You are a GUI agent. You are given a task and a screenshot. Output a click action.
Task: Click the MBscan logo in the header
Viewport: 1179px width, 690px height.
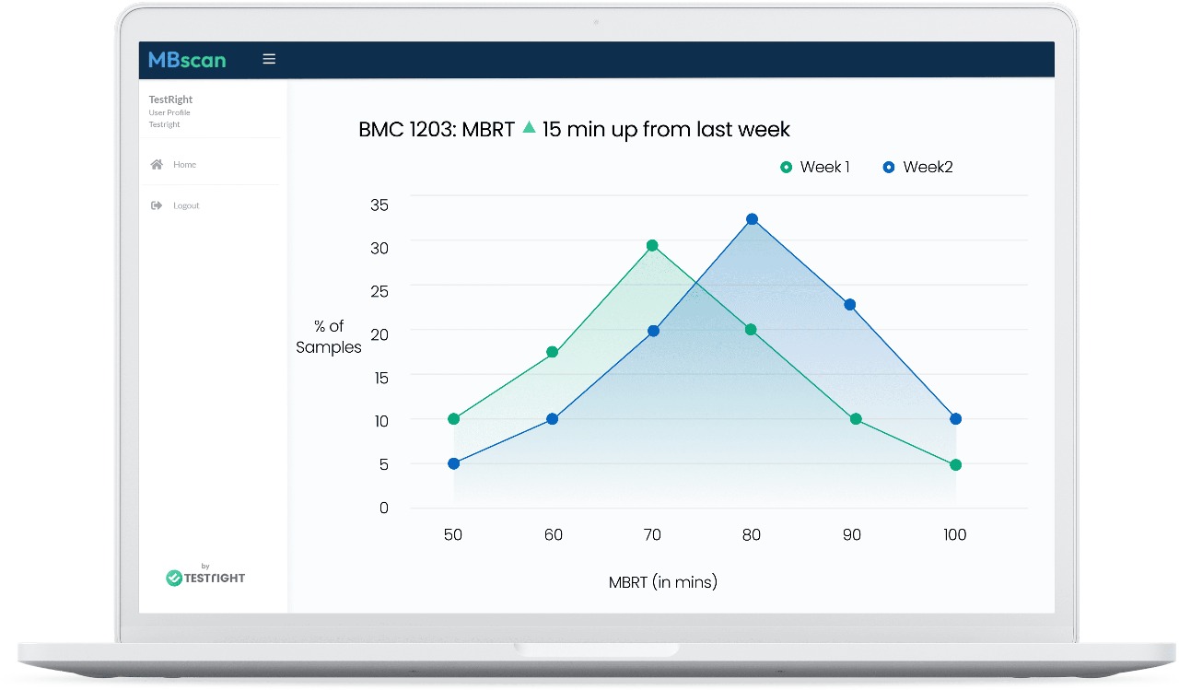click(x=187, y=60)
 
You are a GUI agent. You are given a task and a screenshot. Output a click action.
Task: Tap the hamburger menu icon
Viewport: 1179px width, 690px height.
click(x=269, y=59)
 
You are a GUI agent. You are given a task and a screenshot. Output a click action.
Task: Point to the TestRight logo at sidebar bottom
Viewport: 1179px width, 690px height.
click(x=205, y=577)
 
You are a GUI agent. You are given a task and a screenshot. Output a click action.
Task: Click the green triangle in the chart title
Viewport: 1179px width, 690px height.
click(x=529, y=128)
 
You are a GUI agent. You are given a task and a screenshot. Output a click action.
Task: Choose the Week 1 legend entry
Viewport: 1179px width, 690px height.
click(x=815, y=167)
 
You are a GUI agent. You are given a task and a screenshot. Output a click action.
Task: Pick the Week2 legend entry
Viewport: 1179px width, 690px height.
click(x=917, y=167)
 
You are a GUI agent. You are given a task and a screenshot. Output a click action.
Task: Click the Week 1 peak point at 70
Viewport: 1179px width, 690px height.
click(x=652, y=246)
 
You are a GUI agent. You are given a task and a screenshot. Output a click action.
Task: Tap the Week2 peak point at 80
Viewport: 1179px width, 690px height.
click(x=752, y=219)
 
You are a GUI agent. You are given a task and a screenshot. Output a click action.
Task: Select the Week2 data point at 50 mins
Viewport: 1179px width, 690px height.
click(x=453, y=463)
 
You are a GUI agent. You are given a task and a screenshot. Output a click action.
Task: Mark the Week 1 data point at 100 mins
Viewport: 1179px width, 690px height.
click(x=955, y=465)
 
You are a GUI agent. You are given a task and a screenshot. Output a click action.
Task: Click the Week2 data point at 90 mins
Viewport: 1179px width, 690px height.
click(x=850, y=305)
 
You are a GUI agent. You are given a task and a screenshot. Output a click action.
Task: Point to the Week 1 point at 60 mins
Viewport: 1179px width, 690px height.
click(x=553, y=352)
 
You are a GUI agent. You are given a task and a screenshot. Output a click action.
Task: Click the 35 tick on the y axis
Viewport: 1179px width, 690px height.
click(x=379, y=205)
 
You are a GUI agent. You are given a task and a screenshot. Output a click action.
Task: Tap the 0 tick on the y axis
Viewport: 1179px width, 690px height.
click(x=384, y=508)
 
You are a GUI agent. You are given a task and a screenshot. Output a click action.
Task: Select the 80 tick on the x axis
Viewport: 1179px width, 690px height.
click(x=752, y=534)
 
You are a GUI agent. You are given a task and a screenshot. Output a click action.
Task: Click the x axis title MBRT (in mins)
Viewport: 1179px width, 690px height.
click(x=662, y=582)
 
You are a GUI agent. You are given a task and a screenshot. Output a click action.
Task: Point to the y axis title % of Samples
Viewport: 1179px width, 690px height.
click(x=329, y=337)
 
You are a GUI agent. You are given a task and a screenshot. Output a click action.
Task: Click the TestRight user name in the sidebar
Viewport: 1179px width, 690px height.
click(x=170, y=99)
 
